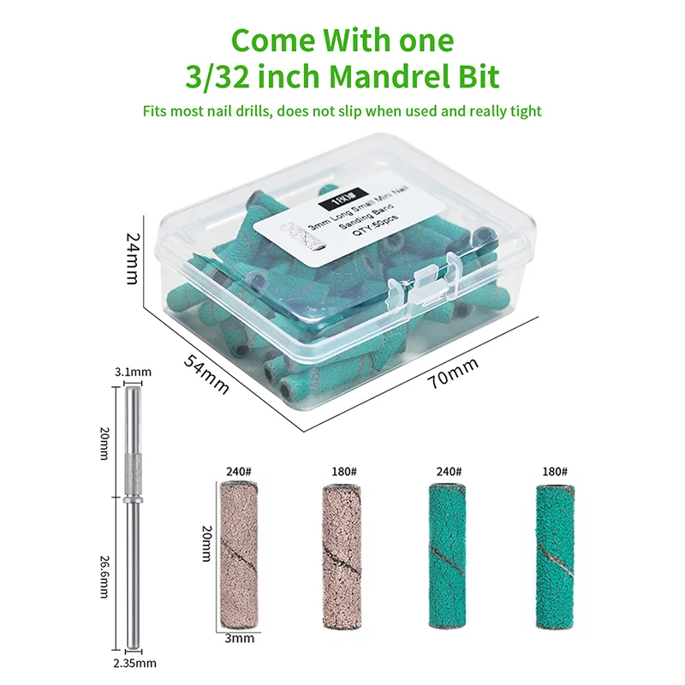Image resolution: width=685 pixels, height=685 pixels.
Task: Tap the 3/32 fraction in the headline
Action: (x=217, y=77)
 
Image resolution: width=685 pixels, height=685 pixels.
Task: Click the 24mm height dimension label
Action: (x=133, y=259)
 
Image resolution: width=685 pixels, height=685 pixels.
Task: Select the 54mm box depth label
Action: (x=205, y=374)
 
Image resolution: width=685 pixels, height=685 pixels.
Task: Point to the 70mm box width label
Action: (x=453, y=372)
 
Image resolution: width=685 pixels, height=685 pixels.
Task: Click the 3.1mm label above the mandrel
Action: (x=133, y=372)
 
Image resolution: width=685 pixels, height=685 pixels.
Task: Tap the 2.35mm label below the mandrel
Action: (x=134, y=663)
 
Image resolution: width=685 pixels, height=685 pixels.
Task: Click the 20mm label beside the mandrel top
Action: (x=104, y=444)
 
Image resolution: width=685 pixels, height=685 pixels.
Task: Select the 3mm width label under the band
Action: (x=240, y=638)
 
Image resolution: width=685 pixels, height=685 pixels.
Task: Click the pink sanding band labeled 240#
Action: (x=239, y=555)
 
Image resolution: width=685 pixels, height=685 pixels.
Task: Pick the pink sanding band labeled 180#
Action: (x=342, y=557)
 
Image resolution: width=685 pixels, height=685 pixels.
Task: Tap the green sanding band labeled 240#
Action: (x=447, y=556)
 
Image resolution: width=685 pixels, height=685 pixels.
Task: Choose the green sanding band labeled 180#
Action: (x=555, y=557)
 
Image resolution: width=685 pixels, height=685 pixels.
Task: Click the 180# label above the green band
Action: (x=555, y=472)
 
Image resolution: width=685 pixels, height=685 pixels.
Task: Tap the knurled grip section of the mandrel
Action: (x=133, y=475)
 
